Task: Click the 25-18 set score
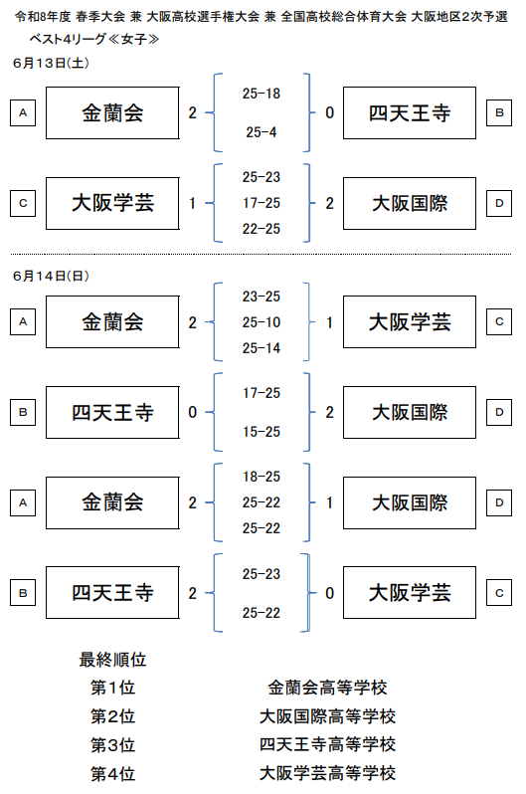tap(262, 94)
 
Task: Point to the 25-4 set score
tap(262, 132)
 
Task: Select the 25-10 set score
tap(262, 322)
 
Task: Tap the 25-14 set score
tap(262, 348)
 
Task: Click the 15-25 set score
tap(262, 432)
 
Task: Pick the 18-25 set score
tap(262, 477)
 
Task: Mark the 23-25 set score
tap(262, 297)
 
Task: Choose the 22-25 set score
tap(262, 229)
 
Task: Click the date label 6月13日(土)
tap(51, 63)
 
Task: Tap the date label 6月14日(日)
tap(51, 276)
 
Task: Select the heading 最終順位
tap(113, 660)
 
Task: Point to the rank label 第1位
tap(113, 688)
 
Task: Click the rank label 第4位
tap(113, 774)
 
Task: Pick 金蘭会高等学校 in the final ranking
tap(327, 688)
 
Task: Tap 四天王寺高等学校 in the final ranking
tap(327, 745)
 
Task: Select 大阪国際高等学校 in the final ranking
tap(327, 716)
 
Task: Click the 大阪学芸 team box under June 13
tap(112, 204)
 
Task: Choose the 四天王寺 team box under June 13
tap(410, 112)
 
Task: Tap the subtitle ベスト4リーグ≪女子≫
tap(94, 39)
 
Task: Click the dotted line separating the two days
tap(261, 254)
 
